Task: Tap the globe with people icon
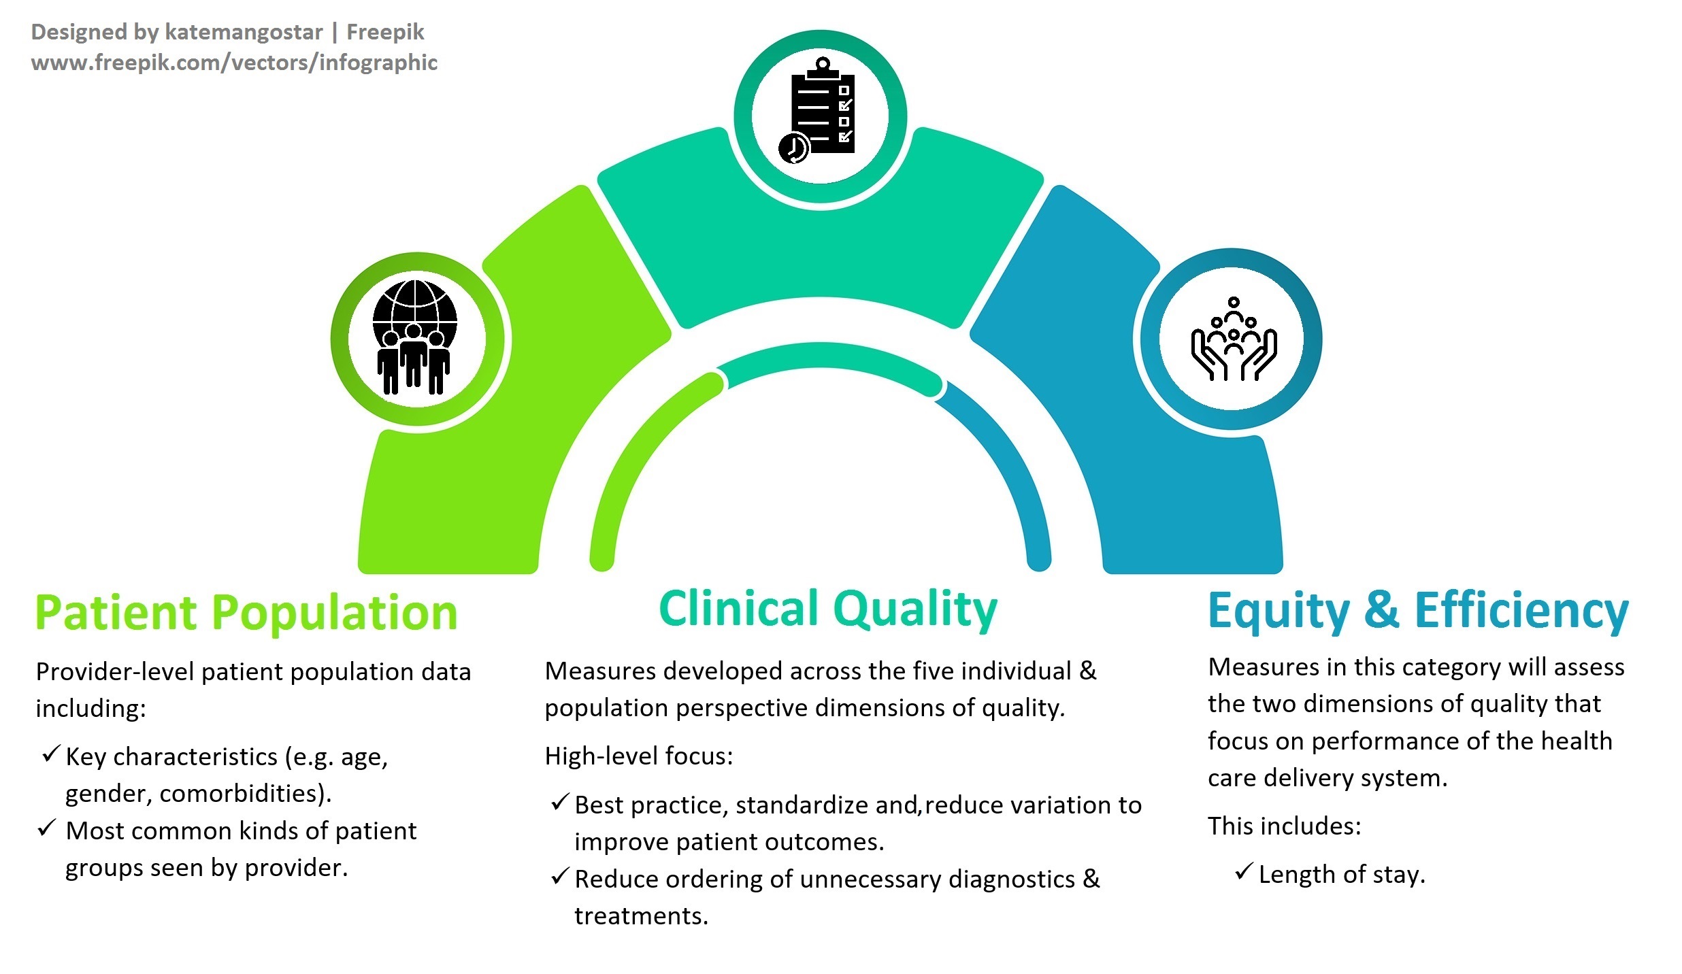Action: tap(415, 337)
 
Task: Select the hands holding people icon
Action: tap(1234, 339)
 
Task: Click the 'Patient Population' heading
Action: tap(246, 613)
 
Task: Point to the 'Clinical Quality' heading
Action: tap(828, 609)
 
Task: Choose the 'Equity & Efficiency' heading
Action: tap(1418, 611)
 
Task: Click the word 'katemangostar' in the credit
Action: tap(244, 32)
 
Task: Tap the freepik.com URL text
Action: tap(234, 63)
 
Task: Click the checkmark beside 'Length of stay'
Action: tap(1243, 871)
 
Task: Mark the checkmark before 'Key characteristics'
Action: tap(51, 754)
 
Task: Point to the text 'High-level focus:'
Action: tap(639, 756)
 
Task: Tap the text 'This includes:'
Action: tap(1285, 826)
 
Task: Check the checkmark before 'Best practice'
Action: tap(559, 803)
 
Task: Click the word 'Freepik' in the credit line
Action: tap(385, 32)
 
